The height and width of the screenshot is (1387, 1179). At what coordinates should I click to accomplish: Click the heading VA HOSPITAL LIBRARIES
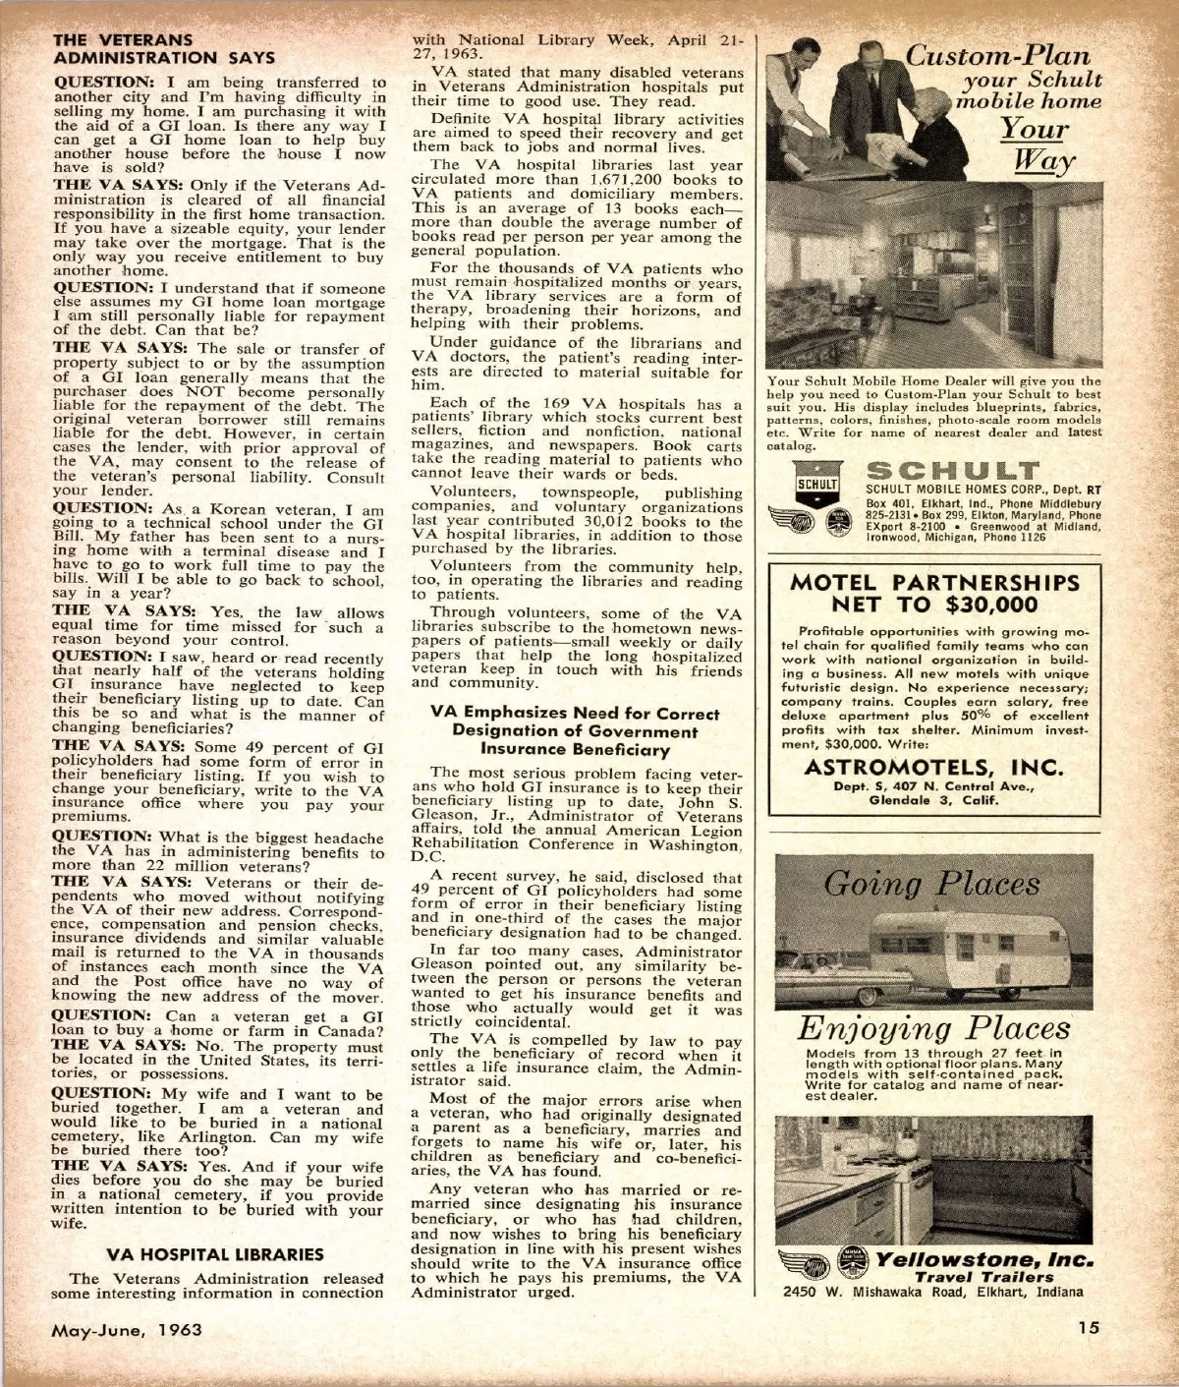pos(214,1254)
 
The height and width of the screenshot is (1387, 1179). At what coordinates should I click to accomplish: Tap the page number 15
pos(1088,1328)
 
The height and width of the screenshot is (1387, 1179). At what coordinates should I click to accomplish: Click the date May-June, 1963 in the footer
pos(127,1330)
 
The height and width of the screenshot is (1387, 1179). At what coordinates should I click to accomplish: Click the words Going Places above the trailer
pos(931,885)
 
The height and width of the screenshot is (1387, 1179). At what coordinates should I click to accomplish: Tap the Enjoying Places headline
pos(932,1028)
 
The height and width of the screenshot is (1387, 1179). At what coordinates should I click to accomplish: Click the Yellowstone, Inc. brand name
pos(983,1259)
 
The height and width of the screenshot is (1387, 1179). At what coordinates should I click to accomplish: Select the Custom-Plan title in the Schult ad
pos(1003,56)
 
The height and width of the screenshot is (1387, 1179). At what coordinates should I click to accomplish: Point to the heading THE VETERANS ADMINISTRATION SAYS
pos(163,49)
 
